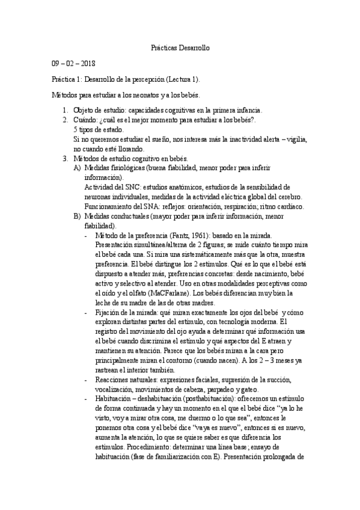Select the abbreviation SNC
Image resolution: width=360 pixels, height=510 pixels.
(x=127, y=187)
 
